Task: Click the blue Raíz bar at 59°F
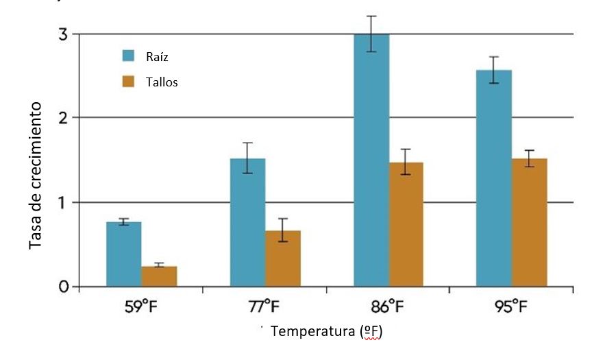click(124, 254)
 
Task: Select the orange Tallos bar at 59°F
click(160, 276)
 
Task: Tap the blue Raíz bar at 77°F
click(247, 223)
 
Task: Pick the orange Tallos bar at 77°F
click(283, 259)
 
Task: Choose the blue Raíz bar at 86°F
click(371, 161)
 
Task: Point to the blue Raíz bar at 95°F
click(494, 178)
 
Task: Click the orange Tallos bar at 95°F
click(530, 223)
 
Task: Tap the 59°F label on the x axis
click(142, 306)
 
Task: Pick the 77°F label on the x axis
click(265, 306)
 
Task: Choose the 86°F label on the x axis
click(388, 306)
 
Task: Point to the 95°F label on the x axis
click(512, 306)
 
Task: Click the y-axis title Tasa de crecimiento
click(36, 176)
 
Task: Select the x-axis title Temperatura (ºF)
click(326, 332)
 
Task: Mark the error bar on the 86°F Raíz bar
click(371, 34)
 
